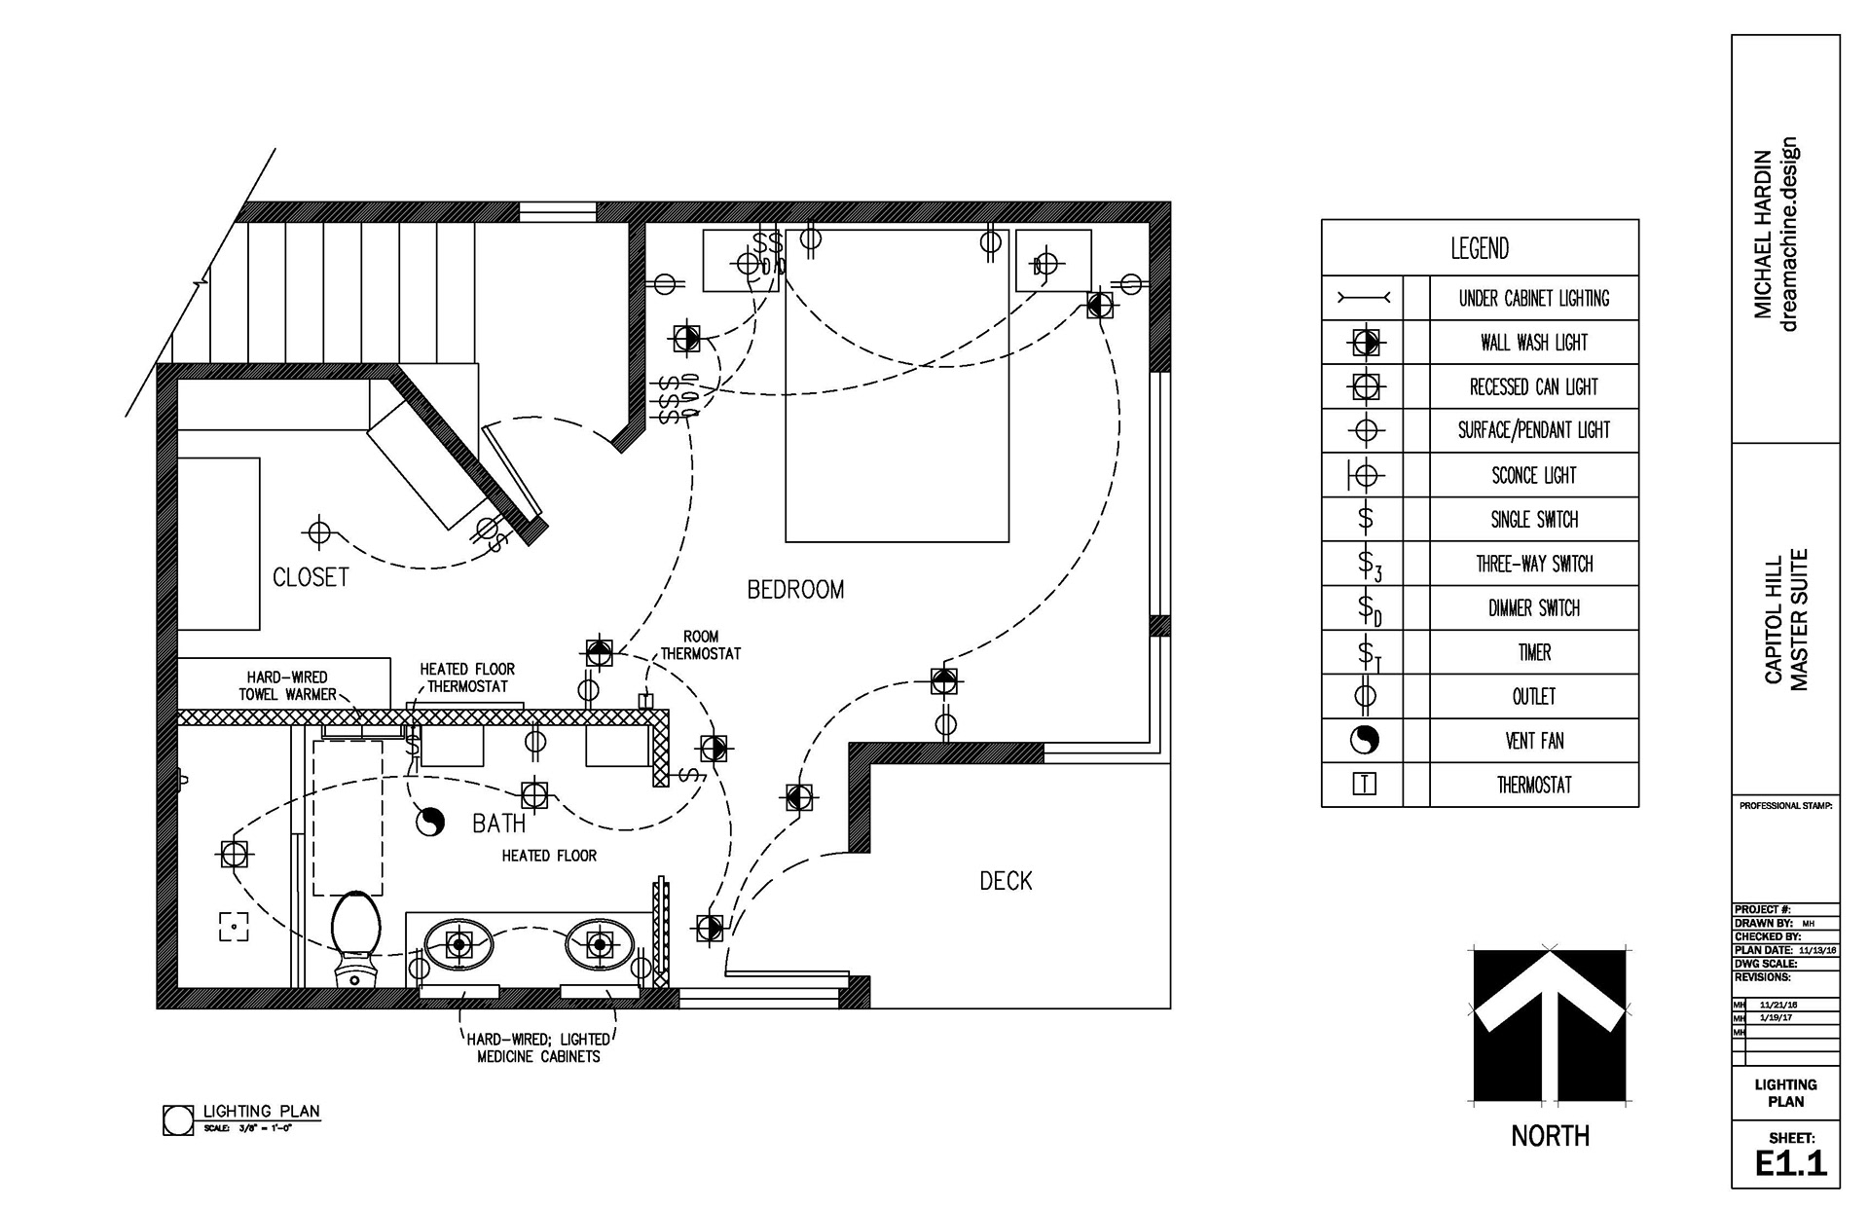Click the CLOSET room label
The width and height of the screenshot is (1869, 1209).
[311, 577]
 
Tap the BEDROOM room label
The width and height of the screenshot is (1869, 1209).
[795, 589]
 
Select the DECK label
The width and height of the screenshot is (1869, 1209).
[1006, 881]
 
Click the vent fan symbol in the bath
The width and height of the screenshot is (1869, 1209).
[429, 823]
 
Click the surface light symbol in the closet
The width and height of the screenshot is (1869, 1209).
[317, 532]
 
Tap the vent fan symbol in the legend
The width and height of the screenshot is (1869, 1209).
[1365, 741]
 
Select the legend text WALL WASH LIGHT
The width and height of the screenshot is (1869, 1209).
[1533, 343]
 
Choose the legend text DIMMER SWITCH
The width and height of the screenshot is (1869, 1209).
[1533, 608]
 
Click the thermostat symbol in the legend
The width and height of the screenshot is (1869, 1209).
[1365, 785]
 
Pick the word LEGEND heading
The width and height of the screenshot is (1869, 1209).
[1480, 249]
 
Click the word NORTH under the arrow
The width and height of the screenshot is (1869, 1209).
[1550, 1136]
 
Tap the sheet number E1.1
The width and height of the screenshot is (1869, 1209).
[1791, 1163]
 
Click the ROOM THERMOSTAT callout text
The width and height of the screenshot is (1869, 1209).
[701, 645]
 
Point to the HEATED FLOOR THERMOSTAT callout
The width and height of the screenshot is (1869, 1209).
[467, 678]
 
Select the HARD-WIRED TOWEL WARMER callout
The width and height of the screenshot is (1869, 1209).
[287, 685]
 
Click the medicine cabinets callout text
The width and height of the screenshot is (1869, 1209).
[538, 1047]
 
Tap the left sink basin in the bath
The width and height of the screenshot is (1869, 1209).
[458, 943]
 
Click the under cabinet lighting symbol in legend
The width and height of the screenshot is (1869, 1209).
[1364, 298]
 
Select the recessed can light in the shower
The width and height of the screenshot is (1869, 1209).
[234, 855]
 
